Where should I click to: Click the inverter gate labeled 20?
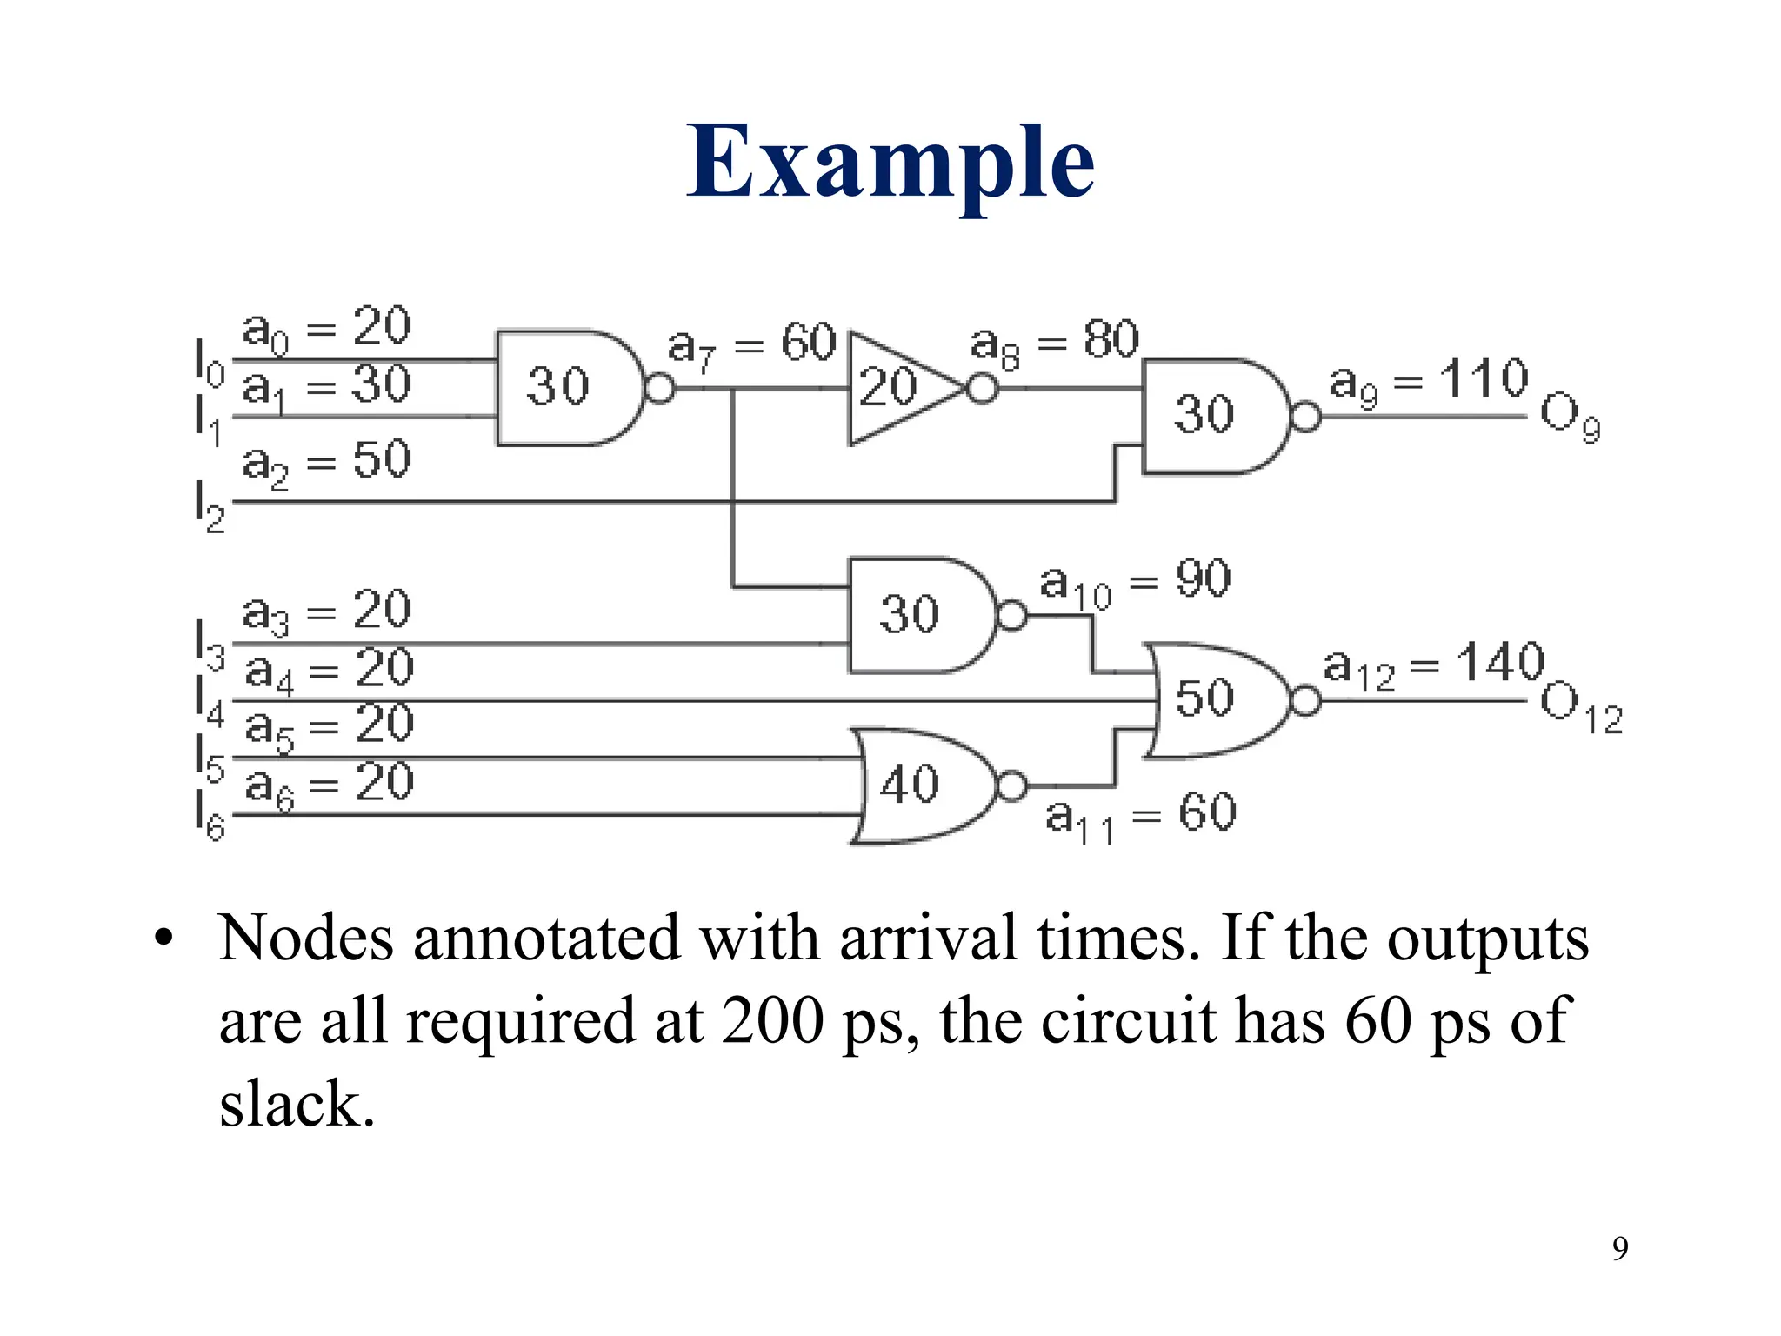(896, 388)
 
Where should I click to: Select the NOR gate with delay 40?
(922, 785)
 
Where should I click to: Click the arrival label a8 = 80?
(1054, 342)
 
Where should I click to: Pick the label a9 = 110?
(1428, 381)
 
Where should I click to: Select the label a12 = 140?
(1433, 665)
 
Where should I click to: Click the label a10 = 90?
(1135, 581)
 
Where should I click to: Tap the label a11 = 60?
(1140, 816)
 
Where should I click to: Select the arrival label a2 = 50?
(326, 461)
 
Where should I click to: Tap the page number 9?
(1620, 1248)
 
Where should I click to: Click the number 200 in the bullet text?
(772, 1020)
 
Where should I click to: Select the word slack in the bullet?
(297, 1104)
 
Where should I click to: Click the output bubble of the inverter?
(983, 388)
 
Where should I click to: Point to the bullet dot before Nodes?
(163, 940)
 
